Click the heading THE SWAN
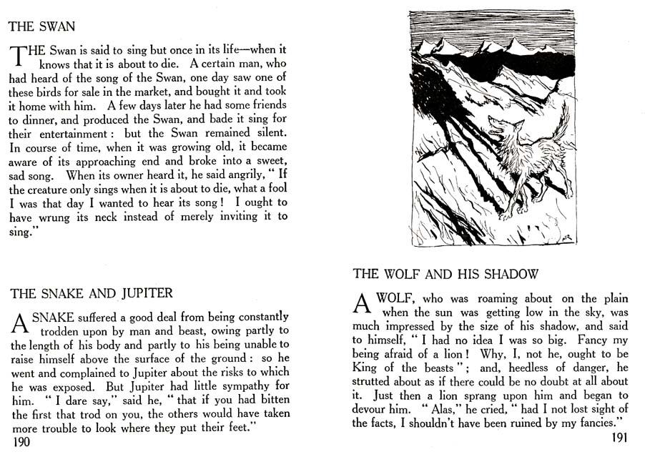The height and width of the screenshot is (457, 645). pyautogui.click(x=41, y=27)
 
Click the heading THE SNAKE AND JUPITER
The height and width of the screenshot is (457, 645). pyautogui.click(x=92, y=293)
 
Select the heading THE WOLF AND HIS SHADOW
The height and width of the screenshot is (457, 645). pyautogui.click(x=445, y=274)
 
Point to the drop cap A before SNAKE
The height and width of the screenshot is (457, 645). pyautogui.click(x=19, y=323)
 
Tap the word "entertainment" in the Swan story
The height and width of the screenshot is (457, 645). pyautogui.click(x=59, y=134)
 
